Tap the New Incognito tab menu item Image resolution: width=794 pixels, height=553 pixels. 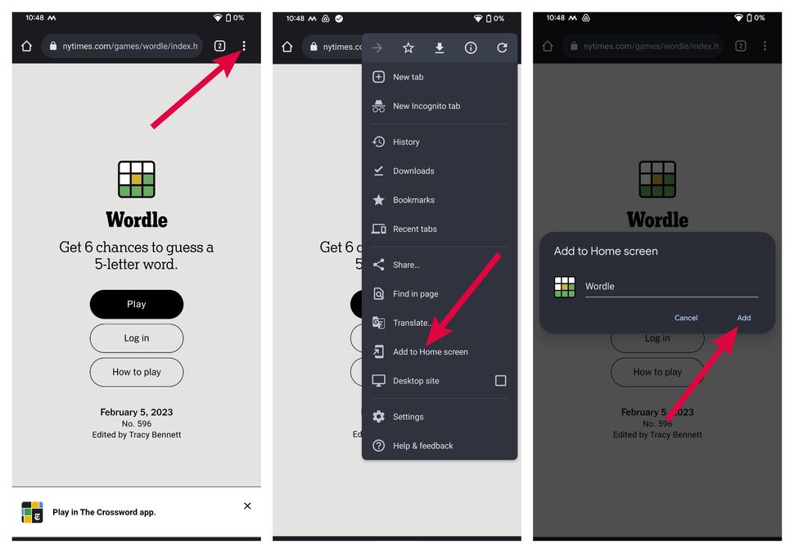pyautogui.click(x=426, y=106)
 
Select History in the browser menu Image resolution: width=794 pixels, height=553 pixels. pyautogui.click(x=406, y=142)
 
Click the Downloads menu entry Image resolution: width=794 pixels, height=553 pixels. pyautogui.click(x=413, y=171)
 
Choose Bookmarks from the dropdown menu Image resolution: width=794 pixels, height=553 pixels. pyautogui.click(x=413, y=200)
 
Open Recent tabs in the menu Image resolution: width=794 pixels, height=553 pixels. pyautogui.click(x=414, y=229)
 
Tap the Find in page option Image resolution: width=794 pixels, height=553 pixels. pyautogui.click(x=415, y=294)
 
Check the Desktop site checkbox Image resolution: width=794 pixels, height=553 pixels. pyautogui.click(x=500, y=381)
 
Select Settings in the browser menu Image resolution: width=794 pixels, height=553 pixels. pyautogui.click(x=408, y=417)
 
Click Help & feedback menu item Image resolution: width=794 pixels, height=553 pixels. pyautogui.click(x=422, y=446)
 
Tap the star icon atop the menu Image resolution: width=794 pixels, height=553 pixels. pyautogui.click(x=408, y=48)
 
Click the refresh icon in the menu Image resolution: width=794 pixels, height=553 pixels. pyautogui.click(x=502, y=48)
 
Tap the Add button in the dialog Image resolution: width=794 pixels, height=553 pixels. pyautogui.click(x=743, y=318)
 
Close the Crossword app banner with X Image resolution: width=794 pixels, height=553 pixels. pyautogui.click(x=247, y=506)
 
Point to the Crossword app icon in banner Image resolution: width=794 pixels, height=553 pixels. pyautogui.click(x=32, y=513)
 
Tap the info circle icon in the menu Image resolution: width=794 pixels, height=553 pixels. pyautogui.click(x=471, y=48)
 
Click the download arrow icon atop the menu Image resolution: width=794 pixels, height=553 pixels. pyautogui.click(x=440, y=48)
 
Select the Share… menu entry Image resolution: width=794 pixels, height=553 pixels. pyautogui.click(x=406, y=265)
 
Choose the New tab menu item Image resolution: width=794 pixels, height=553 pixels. pyautogui.click(x=408, y=77)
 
